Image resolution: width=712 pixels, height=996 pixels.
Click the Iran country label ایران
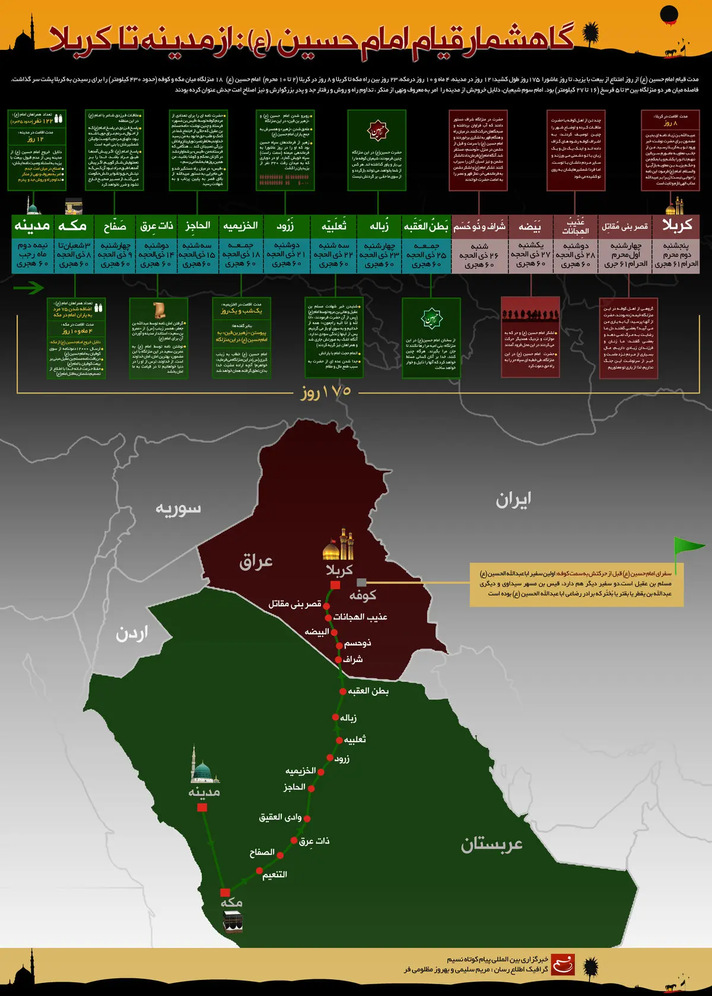click(513, 500)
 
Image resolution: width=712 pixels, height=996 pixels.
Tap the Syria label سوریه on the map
click(178, 509)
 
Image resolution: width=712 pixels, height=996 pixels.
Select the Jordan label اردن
click(132, 634)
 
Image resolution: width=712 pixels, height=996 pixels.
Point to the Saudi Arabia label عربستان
click(492, 844)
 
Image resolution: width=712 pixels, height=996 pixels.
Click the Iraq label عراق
click(256, 561)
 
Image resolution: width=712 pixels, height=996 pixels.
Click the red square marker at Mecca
click(225, 892)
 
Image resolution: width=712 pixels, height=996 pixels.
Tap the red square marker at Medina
click(202, 807)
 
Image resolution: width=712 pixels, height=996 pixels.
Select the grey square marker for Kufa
click(361, 583)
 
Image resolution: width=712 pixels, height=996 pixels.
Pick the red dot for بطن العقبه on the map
click(342, 691)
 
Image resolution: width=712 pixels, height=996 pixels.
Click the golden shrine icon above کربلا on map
click(339, 545)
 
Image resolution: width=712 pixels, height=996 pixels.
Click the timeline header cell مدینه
click(32, 225)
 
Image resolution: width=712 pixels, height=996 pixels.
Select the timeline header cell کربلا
click(678, 225)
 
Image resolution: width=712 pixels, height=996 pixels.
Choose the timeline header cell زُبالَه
click(379, 226)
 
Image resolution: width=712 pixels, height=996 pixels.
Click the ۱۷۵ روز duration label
click(326, 392)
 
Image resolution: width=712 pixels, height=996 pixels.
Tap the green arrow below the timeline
click(28, 288)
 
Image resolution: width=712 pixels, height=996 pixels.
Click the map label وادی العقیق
click(281, 817)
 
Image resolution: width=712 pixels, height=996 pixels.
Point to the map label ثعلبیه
click(355, 739)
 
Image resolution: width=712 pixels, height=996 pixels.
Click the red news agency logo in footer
click(562, 965)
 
